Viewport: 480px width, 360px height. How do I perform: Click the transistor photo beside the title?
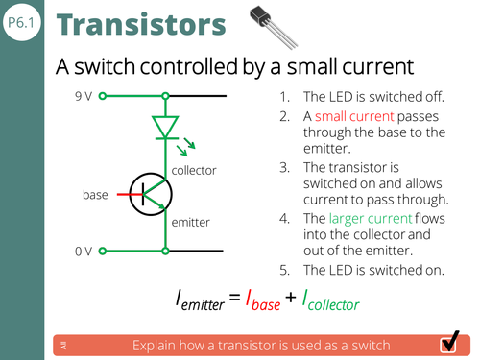point(272,26)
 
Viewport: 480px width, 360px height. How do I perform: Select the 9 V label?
point(84,96)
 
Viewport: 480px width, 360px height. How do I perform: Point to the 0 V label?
point(84,252)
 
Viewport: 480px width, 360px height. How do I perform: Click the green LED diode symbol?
point(167,127)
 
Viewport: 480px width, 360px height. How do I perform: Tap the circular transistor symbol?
point(150,195)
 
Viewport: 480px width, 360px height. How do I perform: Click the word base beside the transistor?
point(96,195)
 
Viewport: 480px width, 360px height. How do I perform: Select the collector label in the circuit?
point(194,170)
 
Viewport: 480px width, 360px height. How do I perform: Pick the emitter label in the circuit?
point(191,223)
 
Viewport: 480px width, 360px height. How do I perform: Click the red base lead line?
point(125,195)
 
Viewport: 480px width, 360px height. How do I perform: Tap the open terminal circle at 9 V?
point(102,96)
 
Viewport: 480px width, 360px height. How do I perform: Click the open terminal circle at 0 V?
point(102,252)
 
